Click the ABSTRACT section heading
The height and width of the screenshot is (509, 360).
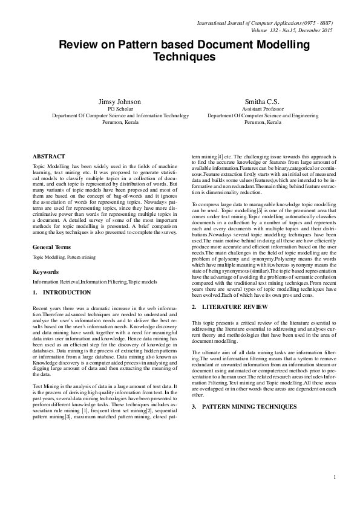(x=49, y=156)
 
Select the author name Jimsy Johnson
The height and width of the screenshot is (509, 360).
(x=119, y=102)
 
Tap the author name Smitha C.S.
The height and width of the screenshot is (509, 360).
(x=263, y=102)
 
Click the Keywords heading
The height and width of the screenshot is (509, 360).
(x=45, y=272)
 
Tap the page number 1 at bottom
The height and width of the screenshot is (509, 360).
(x=334, y=478)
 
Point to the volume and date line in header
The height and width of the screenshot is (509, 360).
(x=291, y=29)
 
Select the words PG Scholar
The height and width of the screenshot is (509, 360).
(x=119, y=109)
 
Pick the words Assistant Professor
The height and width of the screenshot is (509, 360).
(x=263, y=109)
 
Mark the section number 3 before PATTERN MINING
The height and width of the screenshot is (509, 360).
(x=193, y=406)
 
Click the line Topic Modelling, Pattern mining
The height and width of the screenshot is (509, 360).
(x=64, y=257)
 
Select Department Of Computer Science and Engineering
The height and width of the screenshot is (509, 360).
(x=263, y=115)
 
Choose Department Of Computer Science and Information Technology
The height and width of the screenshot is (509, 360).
(x=120, y=115)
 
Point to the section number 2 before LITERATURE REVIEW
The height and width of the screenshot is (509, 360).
(x=193, y=307)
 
